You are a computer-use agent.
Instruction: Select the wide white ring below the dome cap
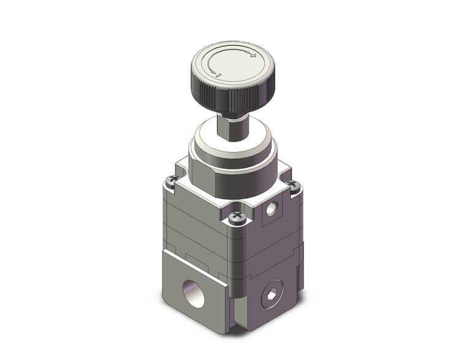tap(232, 164)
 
